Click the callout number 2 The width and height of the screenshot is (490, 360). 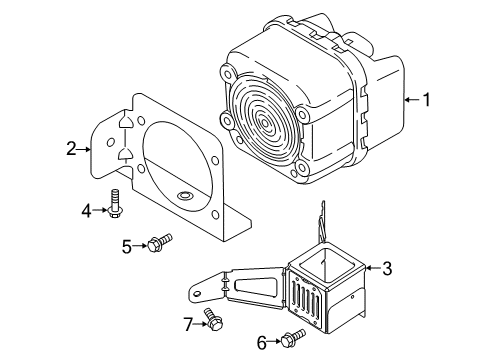click(71, 149)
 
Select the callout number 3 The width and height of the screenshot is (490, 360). click(386, 268)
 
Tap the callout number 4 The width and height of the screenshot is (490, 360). click(87, 210)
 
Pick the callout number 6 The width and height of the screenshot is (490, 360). click(263, 343)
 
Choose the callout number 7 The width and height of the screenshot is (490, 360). click(187, 323)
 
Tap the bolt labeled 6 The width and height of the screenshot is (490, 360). click(292, 338)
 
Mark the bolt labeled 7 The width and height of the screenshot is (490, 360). click(211, 320)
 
